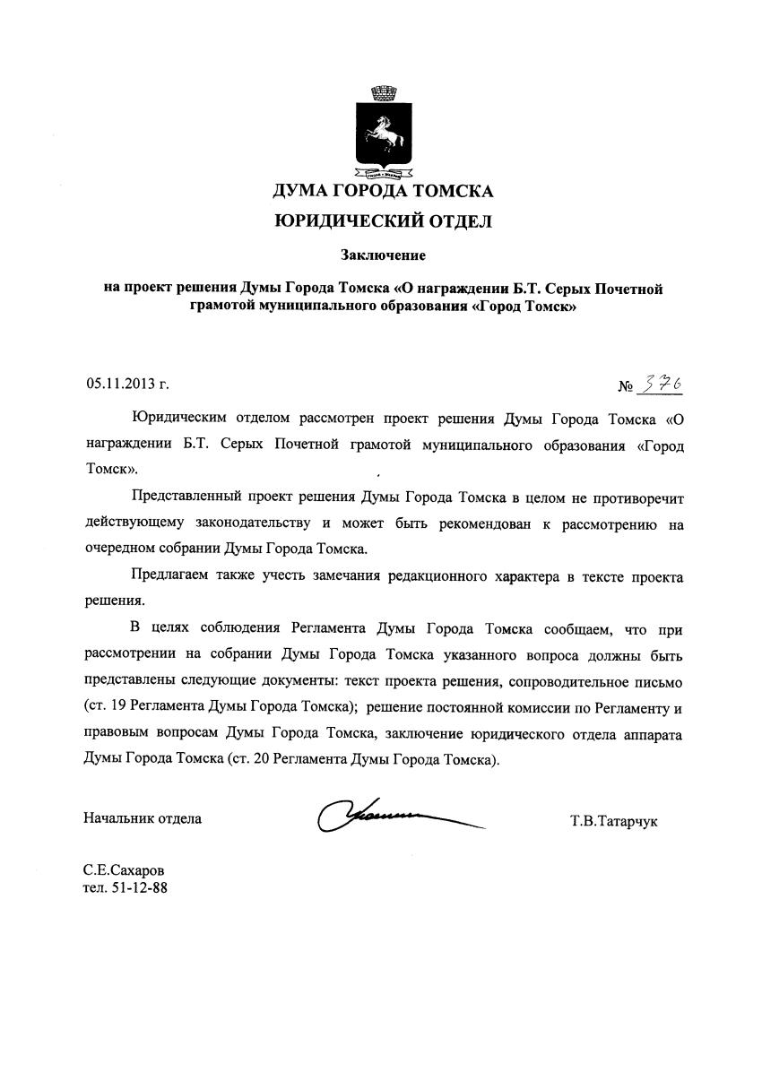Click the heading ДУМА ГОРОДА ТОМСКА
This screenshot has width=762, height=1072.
[383, 190]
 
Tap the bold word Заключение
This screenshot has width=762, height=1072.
[383, 255]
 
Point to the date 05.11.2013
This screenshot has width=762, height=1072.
[121, 385]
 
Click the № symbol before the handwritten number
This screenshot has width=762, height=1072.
[626, 387]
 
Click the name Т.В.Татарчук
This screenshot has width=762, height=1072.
[613, 819]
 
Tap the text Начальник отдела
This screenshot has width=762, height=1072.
[143, 817]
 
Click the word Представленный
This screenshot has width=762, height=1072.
[186, 497]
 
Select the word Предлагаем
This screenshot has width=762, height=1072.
[171, 576]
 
